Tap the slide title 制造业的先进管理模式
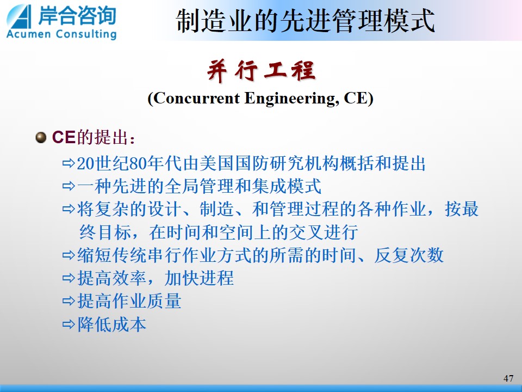[x=305, y=21]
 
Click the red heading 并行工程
[x=261, y=70]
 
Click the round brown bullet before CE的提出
[x=41, y=137]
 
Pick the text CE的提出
[x=93, y=137]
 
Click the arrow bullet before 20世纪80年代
[x=69, y=163]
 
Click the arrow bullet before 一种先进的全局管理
[x=69, y=186]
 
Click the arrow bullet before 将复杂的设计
[x=69, y=209]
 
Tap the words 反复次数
[x=409, y=255]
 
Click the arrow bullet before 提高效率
[x=69, y=278]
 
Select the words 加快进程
[x=199, y=278]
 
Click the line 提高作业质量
[x=129, y=301]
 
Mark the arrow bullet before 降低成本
[x=69, y=324]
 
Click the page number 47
[x=508, y=378]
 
